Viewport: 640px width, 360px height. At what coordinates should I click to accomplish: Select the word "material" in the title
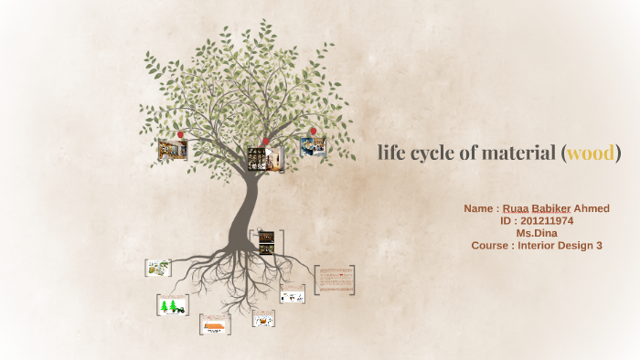click(x=514, y=153)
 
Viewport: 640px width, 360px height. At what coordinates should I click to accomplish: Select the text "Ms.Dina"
click(x=536, y=233)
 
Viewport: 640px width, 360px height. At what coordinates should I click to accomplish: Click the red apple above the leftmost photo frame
click(x=180, y=134)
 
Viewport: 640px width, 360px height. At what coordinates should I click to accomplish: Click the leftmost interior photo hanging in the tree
click(x=172, y=149)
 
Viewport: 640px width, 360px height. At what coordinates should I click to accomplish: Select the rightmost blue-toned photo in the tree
click(x=314, y=146)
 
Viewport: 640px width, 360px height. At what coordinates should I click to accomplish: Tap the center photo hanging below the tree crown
click(x=265, y=158)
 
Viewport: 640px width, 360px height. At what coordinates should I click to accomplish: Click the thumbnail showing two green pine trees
click(x=172, y=306)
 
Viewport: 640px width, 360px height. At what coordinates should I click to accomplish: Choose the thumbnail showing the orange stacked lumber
click(x=215, y=324)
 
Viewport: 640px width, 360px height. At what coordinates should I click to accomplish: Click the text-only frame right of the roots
click(x=335, y=280)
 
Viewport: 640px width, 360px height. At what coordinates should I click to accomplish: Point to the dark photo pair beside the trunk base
click(x=266, y=242)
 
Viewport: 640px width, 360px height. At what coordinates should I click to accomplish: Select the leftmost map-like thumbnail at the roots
click(x=157, y=268)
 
